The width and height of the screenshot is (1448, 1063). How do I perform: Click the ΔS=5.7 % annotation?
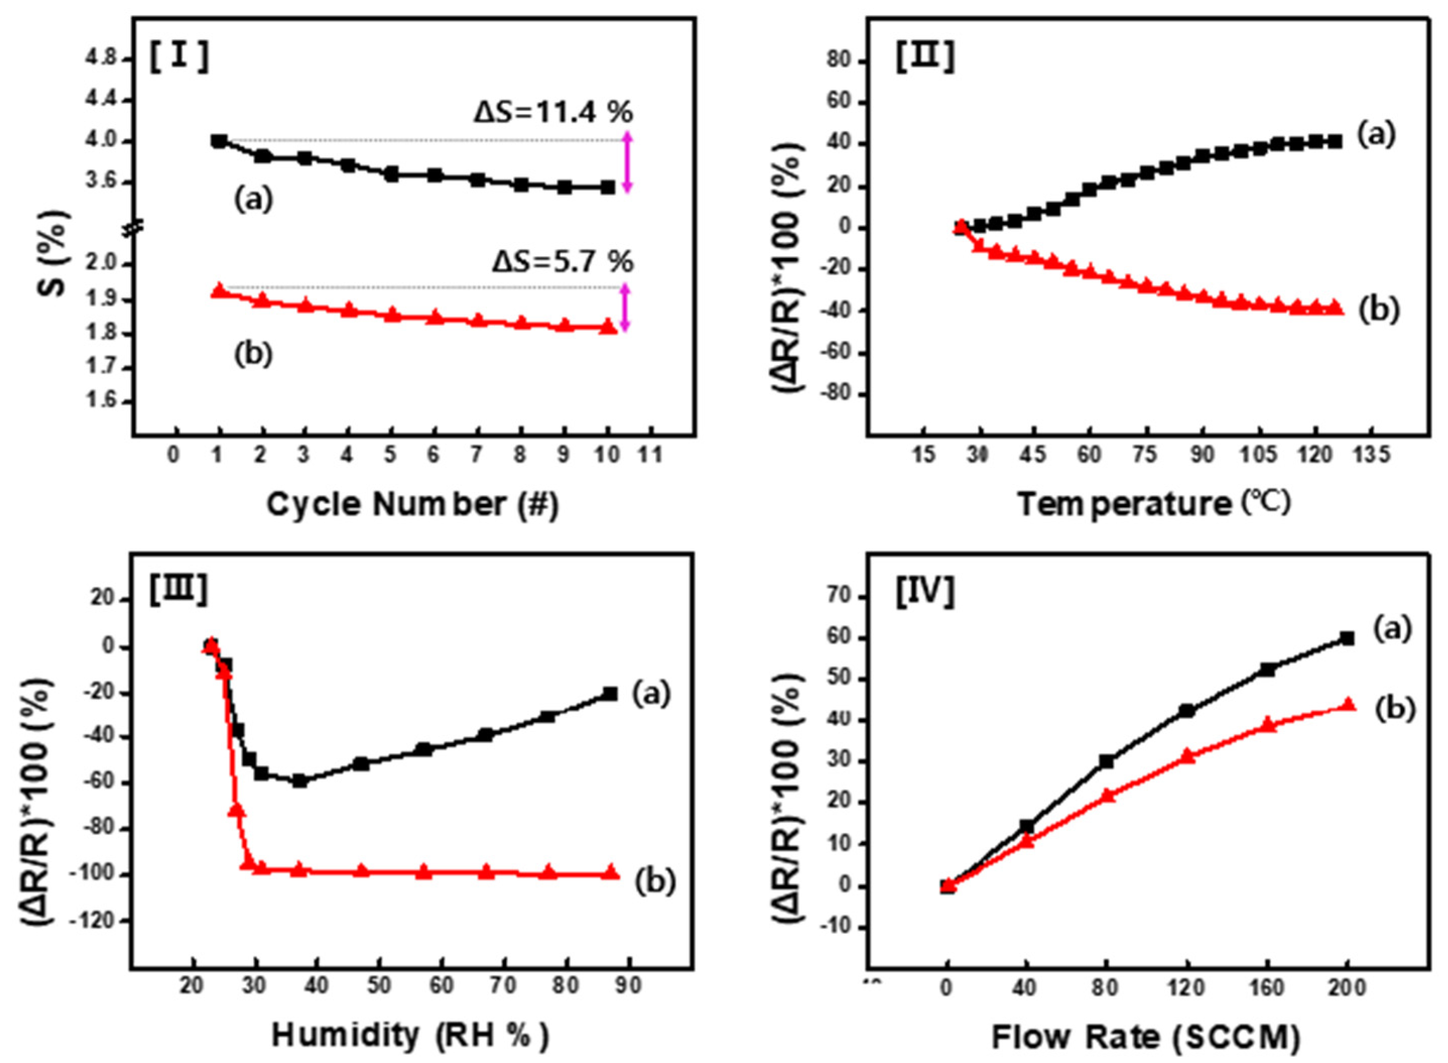(563, 262)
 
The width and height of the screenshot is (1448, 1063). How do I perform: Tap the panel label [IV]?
(926, 591)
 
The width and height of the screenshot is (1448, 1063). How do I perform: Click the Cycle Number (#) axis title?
(412, 505)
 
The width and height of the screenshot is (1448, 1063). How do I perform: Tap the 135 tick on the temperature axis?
(1371, 456)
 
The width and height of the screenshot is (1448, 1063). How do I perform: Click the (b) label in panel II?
(1378, 310)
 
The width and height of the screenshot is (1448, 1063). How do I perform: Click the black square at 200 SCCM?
(1347, 638)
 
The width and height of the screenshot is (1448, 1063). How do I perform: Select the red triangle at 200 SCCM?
(1348, 705)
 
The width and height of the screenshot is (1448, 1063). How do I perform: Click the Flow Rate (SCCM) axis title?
(1146, 1038)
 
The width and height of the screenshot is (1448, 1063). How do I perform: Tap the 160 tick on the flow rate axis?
(1267, 988)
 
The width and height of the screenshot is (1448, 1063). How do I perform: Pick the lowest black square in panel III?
(300, 781)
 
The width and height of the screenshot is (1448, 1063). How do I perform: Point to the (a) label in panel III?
(651, 693)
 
